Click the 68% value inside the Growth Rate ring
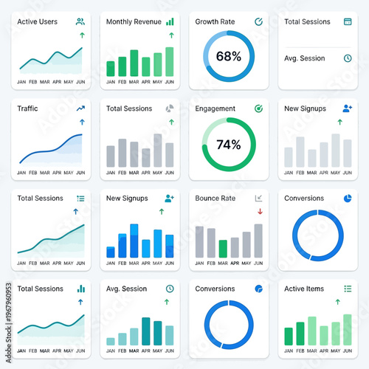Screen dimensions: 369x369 point(228,56)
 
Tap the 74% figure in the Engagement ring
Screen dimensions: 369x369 point(228,145)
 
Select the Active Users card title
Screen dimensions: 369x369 point(37,22)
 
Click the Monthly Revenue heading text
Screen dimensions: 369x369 point(134,22)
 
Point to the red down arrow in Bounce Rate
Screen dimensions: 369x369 point(259,211)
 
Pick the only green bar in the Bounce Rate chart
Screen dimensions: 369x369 point(223,248)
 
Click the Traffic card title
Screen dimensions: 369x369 point(27,108)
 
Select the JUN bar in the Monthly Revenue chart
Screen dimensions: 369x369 point(170,62)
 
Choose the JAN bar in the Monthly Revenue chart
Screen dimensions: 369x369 point(111,69)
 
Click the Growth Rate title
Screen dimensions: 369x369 point(215,22)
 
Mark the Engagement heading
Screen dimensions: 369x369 point(215,108)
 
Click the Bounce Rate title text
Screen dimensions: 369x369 point(215,199)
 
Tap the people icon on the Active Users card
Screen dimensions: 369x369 point(80,22)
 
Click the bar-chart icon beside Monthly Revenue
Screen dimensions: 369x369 point(170,22)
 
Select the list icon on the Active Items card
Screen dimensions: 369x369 point(348,289)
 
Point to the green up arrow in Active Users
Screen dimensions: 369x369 point(81,35)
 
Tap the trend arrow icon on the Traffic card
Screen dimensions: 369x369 point(80,108)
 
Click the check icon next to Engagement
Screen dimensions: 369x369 point(258,108)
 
